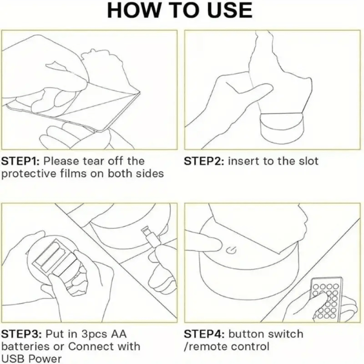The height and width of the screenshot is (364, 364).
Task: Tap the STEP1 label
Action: [x=21, y=161]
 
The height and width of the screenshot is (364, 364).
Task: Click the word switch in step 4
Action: [x=285, y=334]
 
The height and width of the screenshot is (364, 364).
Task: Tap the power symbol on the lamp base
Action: [x=231, y=250]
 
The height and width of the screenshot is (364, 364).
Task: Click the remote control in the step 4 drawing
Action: [x=326, y=299]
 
